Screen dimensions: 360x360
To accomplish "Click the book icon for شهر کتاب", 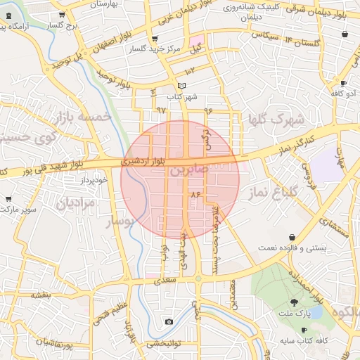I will pos(183,86).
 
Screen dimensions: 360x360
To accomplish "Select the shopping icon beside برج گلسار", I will pos(62,14).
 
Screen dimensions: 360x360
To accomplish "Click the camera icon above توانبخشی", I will pos(169,322).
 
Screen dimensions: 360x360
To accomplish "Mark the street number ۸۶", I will pos(195,193).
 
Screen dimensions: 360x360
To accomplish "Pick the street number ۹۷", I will pos(161,110).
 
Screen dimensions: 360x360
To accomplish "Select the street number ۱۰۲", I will pos(190,71).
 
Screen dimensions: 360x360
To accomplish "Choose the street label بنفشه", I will pos(40,295).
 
